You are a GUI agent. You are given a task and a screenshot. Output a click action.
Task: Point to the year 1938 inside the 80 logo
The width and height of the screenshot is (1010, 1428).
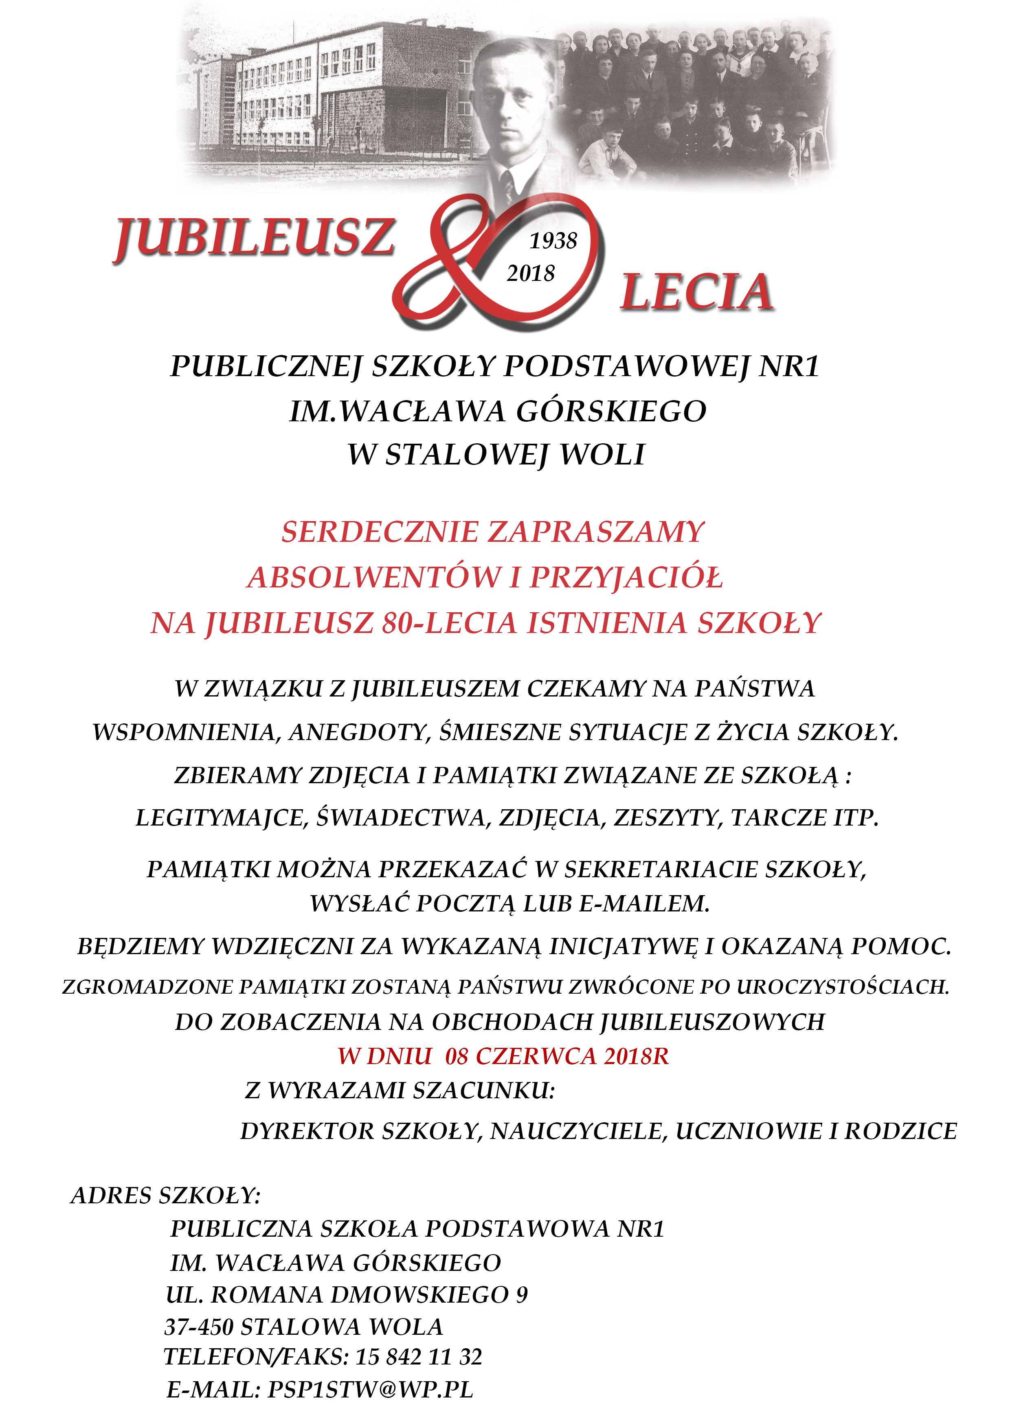click(553, 241)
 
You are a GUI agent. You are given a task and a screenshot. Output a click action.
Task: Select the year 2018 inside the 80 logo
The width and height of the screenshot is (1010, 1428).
click(530, 273)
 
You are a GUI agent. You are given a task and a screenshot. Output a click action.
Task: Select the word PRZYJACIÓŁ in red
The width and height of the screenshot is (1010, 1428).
click(626, 578)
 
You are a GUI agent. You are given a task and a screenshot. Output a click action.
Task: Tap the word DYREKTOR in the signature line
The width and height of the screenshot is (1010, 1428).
click(307, 1131)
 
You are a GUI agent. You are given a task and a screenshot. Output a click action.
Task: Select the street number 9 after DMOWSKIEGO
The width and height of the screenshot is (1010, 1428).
click(521, 1295)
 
